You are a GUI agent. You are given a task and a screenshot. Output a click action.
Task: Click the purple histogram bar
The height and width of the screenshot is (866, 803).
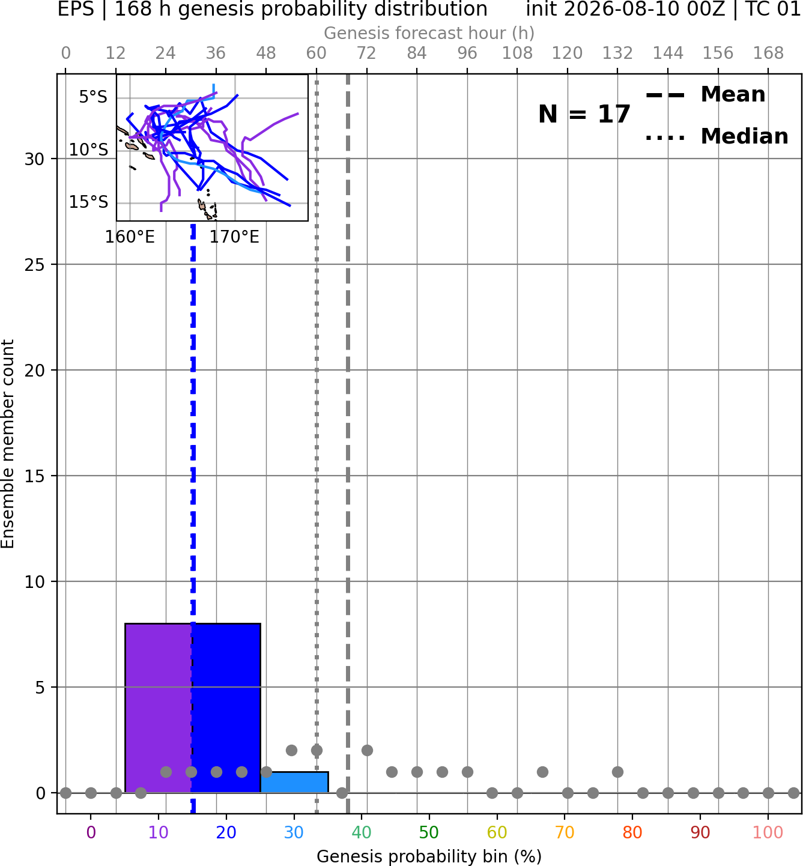(159, 708)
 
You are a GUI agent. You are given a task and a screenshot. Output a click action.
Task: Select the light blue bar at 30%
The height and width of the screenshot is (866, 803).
(294, 783)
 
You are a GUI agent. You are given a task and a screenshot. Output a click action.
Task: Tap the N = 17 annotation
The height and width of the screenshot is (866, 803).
(584, 114)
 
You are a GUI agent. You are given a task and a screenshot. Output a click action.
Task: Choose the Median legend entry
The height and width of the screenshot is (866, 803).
(717, 136)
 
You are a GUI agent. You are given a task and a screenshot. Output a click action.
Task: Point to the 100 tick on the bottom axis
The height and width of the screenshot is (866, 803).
(768, 833)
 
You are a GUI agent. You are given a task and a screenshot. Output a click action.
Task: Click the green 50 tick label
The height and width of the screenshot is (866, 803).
(429, 833)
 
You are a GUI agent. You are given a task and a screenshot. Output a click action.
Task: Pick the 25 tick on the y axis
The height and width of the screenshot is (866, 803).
(34, 265)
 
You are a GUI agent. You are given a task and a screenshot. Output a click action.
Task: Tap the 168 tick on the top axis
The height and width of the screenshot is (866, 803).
(768, 53)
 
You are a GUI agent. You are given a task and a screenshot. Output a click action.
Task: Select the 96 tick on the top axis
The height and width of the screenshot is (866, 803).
(467, 53)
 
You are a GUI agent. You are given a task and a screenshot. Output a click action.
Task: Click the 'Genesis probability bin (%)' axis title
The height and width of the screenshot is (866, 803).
(429, 856)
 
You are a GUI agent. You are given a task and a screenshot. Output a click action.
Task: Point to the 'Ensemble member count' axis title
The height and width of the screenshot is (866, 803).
(7, 444)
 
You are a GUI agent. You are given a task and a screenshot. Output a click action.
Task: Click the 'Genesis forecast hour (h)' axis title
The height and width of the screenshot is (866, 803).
(429, 33)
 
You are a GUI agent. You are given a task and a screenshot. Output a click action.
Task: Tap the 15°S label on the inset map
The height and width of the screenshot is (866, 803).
(88, 202)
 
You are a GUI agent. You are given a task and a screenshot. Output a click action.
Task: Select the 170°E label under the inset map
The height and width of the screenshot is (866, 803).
(234, 237)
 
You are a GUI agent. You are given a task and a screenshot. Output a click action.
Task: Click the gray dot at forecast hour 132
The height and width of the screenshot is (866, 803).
(617, 772)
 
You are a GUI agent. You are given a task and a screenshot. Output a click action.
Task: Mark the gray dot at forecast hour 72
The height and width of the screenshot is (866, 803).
(367, 751)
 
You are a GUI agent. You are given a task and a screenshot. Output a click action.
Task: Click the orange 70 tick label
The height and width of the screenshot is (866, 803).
(565, 833)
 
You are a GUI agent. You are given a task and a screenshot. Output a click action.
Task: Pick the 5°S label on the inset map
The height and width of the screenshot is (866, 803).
(93, 97)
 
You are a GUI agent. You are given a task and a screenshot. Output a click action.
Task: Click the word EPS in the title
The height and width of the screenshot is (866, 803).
(76, 9)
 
